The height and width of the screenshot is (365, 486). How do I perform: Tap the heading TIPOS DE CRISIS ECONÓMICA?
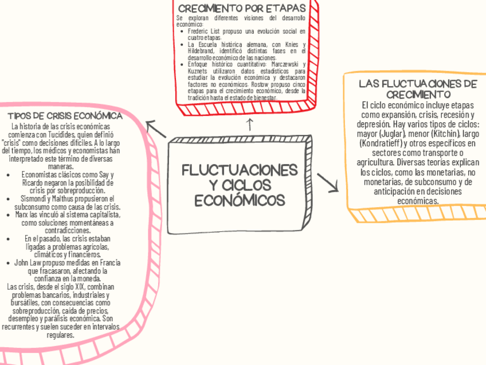(69, 116)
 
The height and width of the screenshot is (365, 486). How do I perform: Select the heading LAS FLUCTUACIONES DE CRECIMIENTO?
(417, 88)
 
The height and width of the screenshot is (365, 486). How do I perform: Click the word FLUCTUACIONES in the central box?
(240, 171)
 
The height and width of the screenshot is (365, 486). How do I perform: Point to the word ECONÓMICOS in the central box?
(239, 200)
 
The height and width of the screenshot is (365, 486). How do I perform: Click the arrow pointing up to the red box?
(249, 123)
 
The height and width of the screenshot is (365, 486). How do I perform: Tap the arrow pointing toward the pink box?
(155, 129)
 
